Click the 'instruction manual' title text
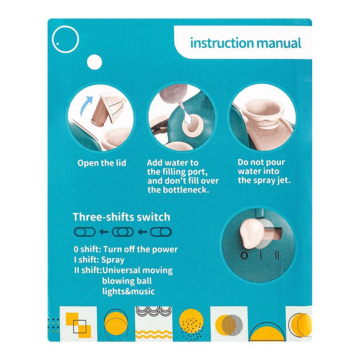246,43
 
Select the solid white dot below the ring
94,62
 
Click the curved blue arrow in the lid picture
86,106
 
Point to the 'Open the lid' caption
102,163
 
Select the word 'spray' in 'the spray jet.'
264,181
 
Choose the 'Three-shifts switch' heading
121,217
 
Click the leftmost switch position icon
85,232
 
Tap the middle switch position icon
122,232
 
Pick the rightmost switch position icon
161,232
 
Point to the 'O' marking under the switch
244,256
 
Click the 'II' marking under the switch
277,255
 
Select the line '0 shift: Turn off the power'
126,249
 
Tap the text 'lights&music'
128,291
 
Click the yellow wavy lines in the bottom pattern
153,334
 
